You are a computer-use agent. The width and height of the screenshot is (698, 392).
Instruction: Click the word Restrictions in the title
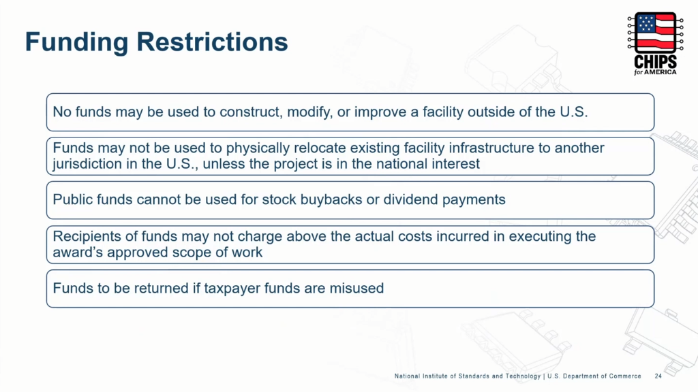212,42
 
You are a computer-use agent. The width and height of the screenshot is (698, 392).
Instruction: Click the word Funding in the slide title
76,43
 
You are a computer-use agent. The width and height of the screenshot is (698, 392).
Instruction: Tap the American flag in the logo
655,33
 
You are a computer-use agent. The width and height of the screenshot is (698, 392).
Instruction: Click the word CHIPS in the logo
655,62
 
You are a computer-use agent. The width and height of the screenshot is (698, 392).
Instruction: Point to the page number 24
658,376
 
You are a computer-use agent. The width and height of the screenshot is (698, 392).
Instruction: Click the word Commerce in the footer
625,376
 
